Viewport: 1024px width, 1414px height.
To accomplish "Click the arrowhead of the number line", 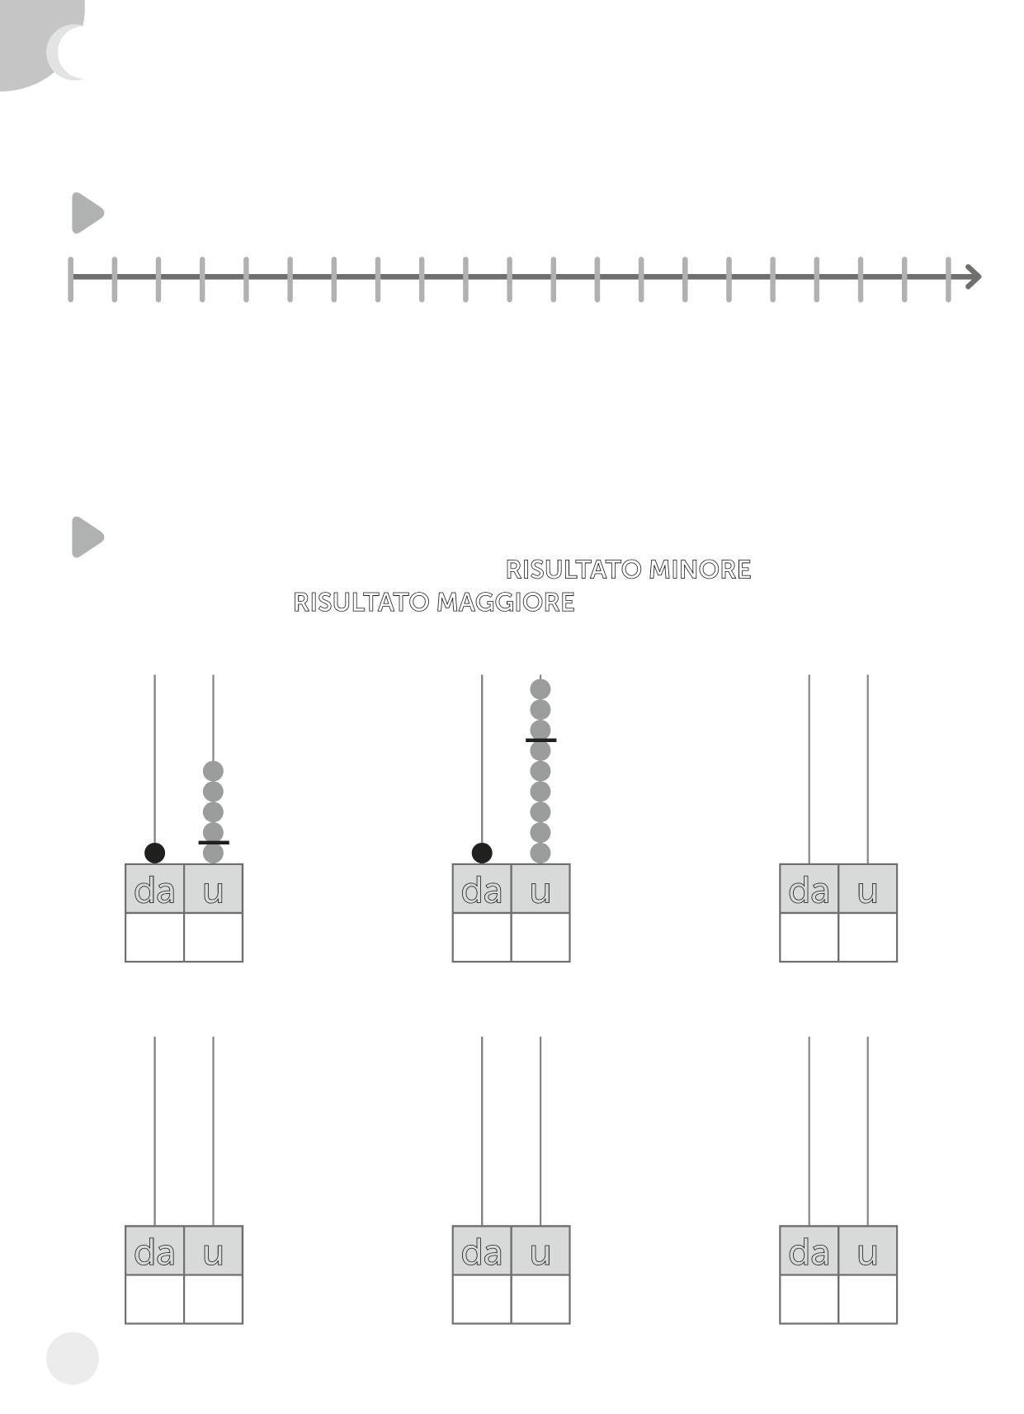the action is (974, 277).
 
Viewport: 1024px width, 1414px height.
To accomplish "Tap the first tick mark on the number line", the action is (71, 279).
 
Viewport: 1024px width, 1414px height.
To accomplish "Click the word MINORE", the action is (700, 570).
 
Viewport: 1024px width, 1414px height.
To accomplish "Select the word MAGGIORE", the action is (505, 603).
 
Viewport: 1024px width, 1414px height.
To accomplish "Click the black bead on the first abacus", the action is (154, 854).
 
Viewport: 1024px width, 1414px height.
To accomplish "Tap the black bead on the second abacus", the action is (482, 854).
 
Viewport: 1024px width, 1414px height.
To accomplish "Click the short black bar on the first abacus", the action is (214, 843).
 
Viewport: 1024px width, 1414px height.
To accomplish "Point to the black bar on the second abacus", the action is (540, 740).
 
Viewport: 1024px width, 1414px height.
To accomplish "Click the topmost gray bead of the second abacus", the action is (540, 689).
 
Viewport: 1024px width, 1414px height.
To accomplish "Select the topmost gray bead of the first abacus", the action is (213, 772).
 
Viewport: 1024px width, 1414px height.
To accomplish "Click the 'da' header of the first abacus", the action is (154, 889).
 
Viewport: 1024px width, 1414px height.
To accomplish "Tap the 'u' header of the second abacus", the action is (540, 889).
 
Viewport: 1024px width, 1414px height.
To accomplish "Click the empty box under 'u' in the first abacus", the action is (213, 938).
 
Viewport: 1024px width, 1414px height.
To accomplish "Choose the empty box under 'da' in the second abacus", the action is (482, 938).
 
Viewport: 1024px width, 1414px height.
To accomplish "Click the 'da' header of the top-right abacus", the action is (809, 889).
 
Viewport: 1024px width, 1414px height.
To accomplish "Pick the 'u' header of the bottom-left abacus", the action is (213, 1251).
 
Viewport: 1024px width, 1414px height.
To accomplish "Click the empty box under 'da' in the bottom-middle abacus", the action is (482, 1299).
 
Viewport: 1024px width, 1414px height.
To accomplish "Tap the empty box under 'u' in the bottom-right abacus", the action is (867, 1299).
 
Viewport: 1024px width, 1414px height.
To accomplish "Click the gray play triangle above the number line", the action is (87, 213).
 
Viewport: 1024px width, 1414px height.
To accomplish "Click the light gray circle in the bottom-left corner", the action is (73, 1359).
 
